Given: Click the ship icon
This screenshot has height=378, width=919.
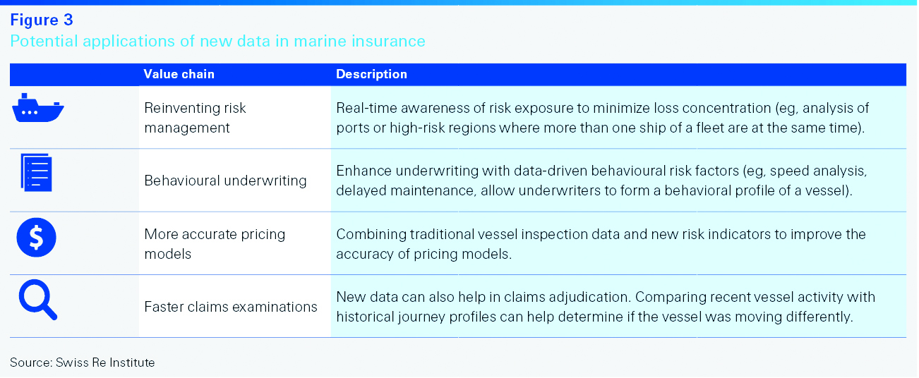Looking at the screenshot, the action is pos(37,108).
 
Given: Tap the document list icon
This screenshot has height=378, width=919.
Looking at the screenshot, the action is pos(37,173).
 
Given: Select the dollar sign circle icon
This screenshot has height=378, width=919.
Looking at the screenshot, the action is pos(37,238).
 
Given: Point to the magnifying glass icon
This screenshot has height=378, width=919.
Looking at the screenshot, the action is pos(37,300).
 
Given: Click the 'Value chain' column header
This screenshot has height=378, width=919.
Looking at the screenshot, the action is pos(179,74).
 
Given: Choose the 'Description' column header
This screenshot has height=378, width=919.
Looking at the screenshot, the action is pos(371,74).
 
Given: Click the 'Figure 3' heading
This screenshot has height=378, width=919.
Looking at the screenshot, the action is pos(42,20).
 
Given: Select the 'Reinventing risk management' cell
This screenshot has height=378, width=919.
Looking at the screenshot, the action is pos(195,118).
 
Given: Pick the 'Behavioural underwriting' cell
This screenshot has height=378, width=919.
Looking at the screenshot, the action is pos(225,181).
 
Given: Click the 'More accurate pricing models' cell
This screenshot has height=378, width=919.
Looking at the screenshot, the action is pos(215,244).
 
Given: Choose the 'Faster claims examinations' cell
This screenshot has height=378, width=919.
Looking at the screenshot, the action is pos(231,307).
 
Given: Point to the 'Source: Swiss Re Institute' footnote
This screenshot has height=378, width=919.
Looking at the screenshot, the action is pos(82,362).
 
